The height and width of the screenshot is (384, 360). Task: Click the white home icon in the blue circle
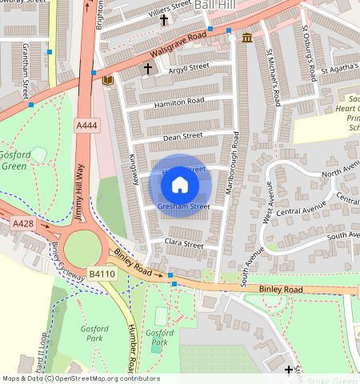pos(180,185)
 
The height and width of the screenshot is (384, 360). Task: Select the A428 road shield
pos(22,225)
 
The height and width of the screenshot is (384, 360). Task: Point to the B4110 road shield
pos(102,274)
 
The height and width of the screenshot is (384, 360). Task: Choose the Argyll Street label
pos(186,66)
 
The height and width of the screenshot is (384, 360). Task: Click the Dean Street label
pos(181,137)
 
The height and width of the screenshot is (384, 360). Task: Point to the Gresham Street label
pos(183,206)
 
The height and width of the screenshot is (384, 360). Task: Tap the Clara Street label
pos(183,242)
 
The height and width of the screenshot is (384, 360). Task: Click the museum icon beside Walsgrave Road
pos(246,38)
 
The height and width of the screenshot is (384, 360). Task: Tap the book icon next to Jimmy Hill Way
pos(107,80)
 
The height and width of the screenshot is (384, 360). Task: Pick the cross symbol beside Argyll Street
pos(147,70)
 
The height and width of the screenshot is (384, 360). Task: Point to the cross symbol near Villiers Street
pos(164,19)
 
